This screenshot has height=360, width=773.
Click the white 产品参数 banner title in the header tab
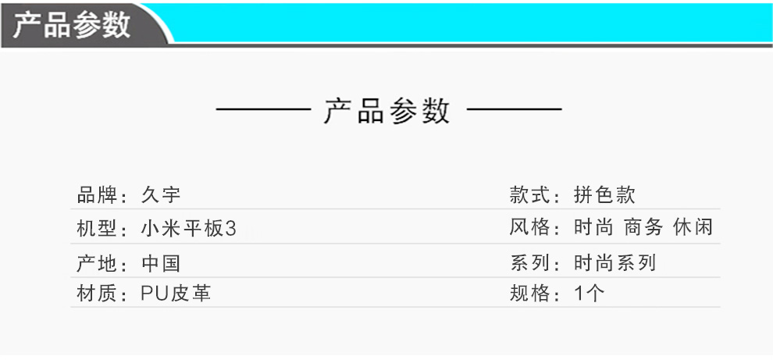(x=71, y=23)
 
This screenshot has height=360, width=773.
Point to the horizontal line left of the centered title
(x=264, y=109)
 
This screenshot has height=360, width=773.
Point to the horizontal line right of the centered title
(x=514, y=109)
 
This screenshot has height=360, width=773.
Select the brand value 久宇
(x=162, y=195)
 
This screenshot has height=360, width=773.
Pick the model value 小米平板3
(x=188, y=229)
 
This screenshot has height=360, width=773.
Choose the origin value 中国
(x=162, y=263)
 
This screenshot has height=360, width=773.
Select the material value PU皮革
(x=176, y=294)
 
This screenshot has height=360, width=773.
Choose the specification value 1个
(x=589, y=294)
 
